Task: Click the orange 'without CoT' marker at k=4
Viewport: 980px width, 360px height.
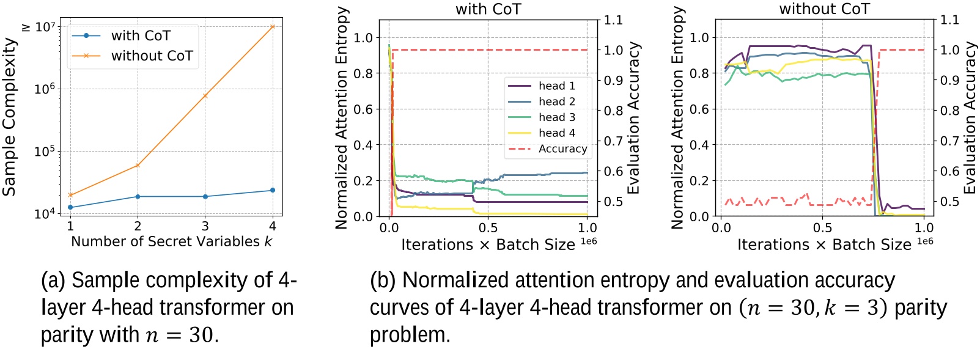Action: pyautogui.click(x=273, y=26)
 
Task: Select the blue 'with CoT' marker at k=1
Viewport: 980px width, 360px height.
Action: pyautogui.click(x=70, y=207)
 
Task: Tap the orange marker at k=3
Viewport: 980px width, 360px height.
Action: pyautogui.click(x=205, y=95)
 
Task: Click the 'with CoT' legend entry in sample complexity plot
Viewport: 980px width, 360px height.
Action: pyautogui.click(x=141, y=36)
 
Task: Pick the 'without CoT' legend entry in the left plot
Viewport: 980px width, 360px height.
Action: pyautogui.click(x=152, y=56)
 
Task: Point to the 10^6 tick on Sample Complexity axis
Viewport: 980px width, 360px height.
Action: pyautogui.click(x=45, y=89)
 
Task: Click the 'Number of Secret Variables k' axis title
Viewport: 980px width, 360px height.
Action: pyautogui.click(x=171, y=241)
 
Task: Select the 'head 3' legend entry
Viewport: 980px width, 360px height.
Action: pyautogui.click(x=556, y=117)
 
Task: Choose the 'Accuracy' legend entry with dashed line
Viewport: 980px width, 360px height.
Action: pyautogui.click(x=562, y=149)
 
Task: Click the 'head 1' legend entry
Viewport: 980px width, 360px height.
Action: pyautogui.click(x=556, y=86)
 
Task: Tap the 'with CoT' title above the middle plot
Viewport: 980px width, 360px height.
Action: pyautogui.click(x=488, y=9)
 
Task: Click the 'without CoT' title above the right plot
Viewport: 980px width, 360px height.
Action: pyautogui.click(x=824, y=9)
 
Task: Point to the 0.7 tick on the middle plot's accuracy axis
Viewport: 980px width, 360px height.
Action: pyautogui.click(x=613, y=141)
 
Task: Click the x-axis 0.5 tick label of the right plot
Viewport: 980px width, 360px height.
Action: pyautogui.click(x=822, y=228)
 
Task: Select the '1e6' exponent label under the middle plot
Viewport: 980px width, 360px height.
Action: pyautogui.click(x=588, y=241)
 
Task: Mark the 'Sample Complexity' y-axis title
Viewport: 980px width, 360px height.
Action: pyautogui.click(x=9, y=116)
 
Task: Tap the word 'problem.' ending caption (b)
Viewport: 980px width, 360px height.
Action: pyautogui.click(x=410, y=335)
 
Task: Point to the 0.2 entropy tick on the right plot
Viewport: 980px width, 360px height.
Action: pyautogui.click(x=699, y=181)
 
